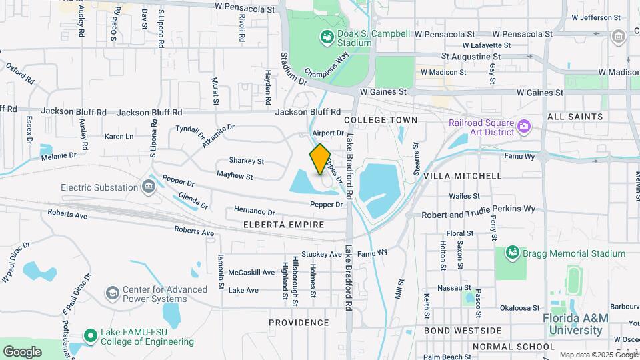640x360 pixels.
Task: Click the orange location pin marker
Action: (320, 159)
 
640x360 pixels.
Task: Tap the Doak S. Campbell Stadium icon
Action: (327, 37)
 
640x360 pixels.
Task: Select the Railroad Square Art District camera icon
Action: (524, 125)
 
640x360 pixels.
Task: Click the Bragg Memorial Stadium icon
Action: (513, 253)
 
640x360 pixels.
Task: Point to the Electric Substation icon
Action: (148, 187)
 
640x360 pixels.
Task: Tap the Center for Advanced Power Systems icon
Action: (112, 293)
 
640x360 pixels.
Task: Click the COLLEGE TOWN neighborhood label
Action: (381, 120)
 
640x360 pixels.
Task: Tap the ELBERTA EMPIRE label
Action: (284, 225)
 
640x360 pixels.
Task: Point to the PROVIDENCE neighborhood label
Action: (299, 323)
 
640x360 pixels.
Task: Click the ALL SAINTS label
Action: (575, 117)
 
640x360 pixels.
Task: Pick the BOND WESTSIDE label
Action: (463, 331)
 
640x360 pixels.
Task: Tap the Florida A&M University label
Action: (575, 323)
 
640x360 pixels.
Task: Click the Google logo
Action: (22, 351)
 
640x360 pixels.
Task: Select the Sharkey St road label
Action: (247, 161)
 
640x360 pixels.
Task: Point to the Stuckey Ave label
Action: (321, 254)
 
